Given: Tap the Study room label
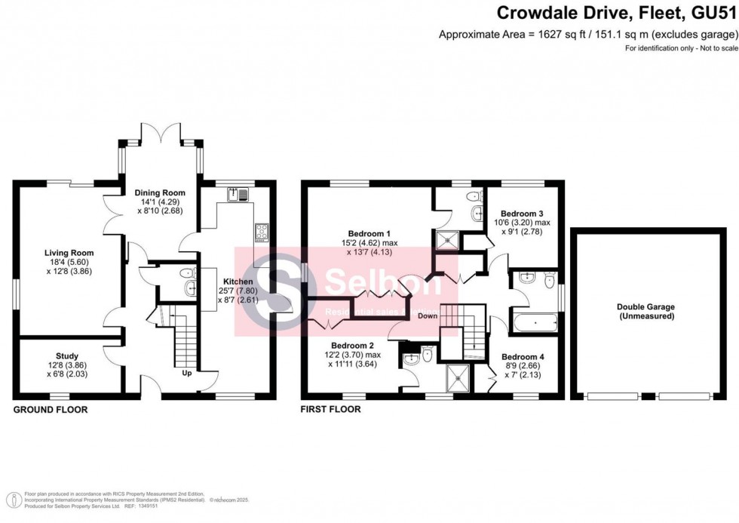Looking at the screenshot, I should point(66,355).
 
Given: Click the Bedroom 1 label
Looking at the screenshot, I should point(369,232).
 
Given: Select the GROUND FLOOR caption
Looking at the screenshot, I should point(51,410).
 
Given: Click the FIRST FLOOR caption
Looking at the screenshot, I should point(330,410).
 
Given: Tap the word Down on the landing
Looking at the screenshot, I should point(428,315).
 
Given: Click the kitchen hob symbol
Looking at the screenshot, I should point(262,231).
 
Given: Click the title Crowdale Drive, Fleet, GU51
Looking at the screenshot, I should point(615,14).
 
